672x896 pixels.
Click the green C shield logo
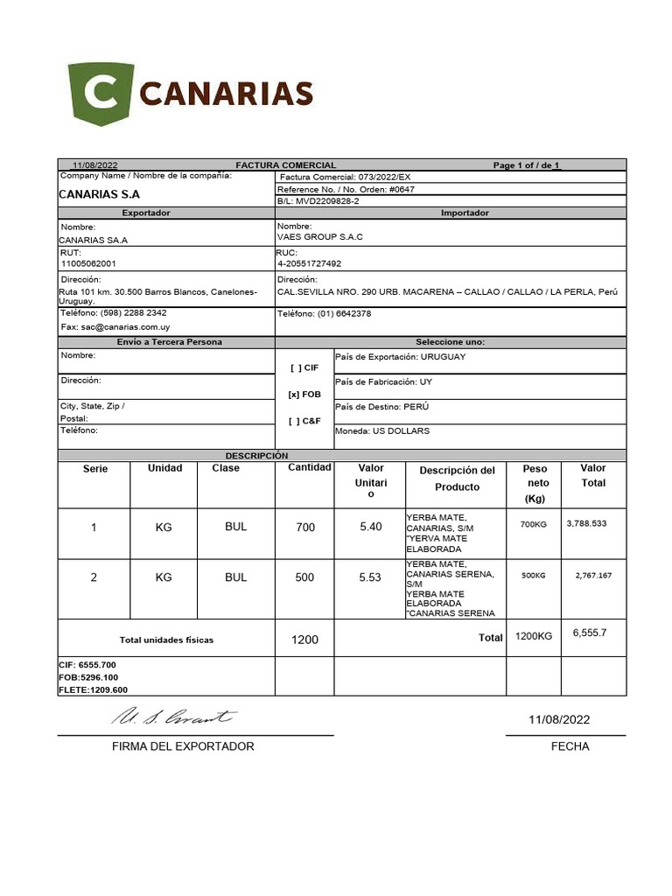(101, 94)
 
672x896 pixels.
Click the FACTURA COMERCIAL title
(285, 165)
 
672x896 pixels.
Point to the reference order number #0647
(403, 189)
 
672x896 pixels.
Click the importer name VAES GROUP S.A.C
(319, 237)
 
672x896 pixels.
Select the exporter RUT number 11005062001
(88, 262)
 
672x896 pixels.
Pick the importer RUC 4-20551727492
(310, 263)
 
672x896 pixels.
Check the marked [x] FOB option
(304, 395)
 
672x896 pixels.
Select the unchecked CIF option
(304, 368)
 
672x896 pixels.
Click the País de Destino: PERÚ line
(381, 407)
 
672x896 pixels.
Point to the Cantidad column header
(309, 467)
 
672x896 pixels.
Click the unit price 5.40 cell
(371, 527)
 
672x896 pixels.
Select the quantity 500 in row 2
(304, 577)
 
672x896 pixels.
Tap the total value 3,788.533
(586, 523)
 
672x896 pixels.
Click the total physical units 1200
(304, 640)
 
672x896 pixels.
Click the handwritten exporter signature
(172, 717)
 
